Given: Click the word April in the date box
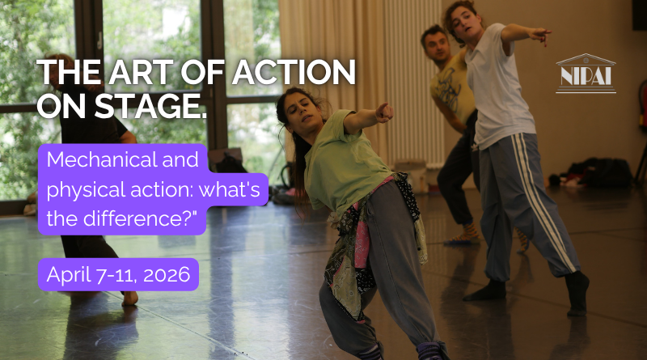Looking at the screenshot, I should pos(68,274).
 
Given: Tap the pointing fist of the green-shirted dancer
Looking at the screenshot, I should pos(384,112).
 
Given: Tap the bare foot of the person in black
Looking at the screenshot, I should pos(129,298).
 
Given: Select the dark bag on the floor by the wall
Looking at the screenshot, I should pos(599,172).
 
